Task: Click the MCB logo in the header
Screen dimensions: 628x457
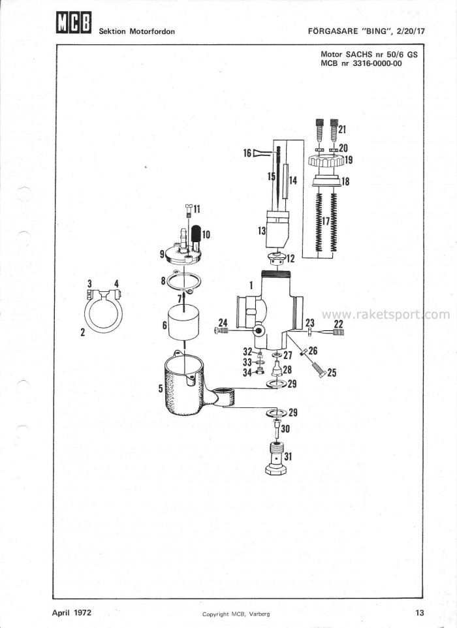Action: coord(72,24)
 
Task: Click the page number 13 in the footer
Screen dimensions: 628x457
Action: coord(419,612)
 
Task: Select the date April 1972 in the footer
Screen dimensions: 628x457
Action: coord(72,612)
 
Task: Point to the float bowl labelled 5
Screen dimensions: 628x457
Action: coord(183,388)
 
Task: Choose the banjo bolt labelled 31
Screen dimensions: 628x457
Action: coord(277,459)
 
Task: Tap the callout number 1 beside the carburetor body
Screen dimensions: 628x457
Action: coord(251,285)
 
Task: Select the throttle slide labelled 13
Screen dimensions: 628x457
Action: coord(278,228)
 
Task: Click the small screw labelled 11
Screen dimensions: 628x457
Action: coord(188,210)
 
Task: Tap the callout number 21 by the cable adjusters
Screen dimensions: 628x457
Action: coord(343,129)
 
